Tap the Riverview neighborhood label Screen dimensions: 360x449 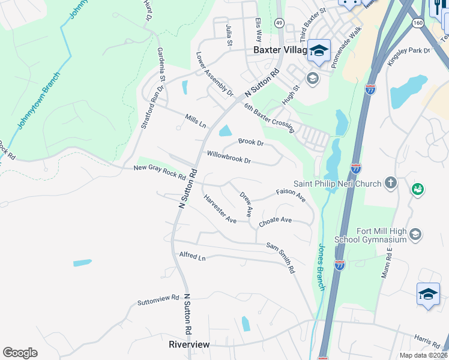(189, 344)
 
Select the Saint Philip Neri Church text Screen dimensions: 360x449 (337, 183)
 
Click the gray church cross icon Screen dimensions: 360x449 (390, 182)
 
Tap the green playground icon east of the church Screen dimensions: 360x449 (417, 190)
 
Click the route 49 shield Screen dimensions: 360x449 (279, 22)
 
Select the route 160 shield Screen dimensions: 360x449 (418, 22)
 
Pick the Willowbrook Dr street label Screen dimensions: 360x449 (229, 158)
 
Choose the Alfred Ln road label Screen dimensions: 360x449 (192, 256)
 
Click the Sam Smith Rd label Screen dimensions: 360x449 (280, 258)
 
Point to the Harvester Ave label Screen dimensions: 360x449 (219, 209)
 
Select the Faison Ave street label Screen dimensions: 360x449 (291, 194)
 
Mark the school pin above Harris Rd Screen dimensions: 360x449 (428, 295)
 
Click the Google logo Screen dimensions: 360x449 (20, 353)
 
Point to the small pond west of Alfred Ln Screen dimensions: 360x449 (82, 263)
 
